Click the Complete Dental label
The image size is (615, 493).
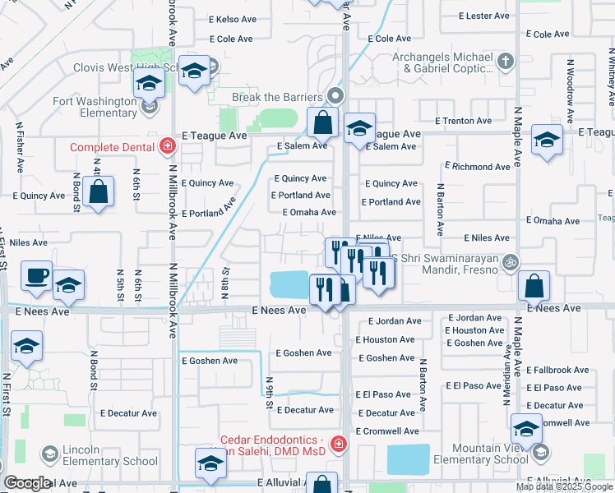coord(111,147)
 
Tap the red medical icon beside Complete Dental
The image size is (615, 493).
coord(168,146)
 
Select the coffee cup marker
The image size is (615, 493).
coord(36,276)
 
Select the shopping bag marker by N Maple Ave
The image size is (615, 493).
coord(534,287)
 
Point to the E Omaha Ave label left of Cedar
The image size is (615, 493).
coord(309,212)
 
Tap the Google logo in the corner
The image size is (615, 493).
coord(27,483)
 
